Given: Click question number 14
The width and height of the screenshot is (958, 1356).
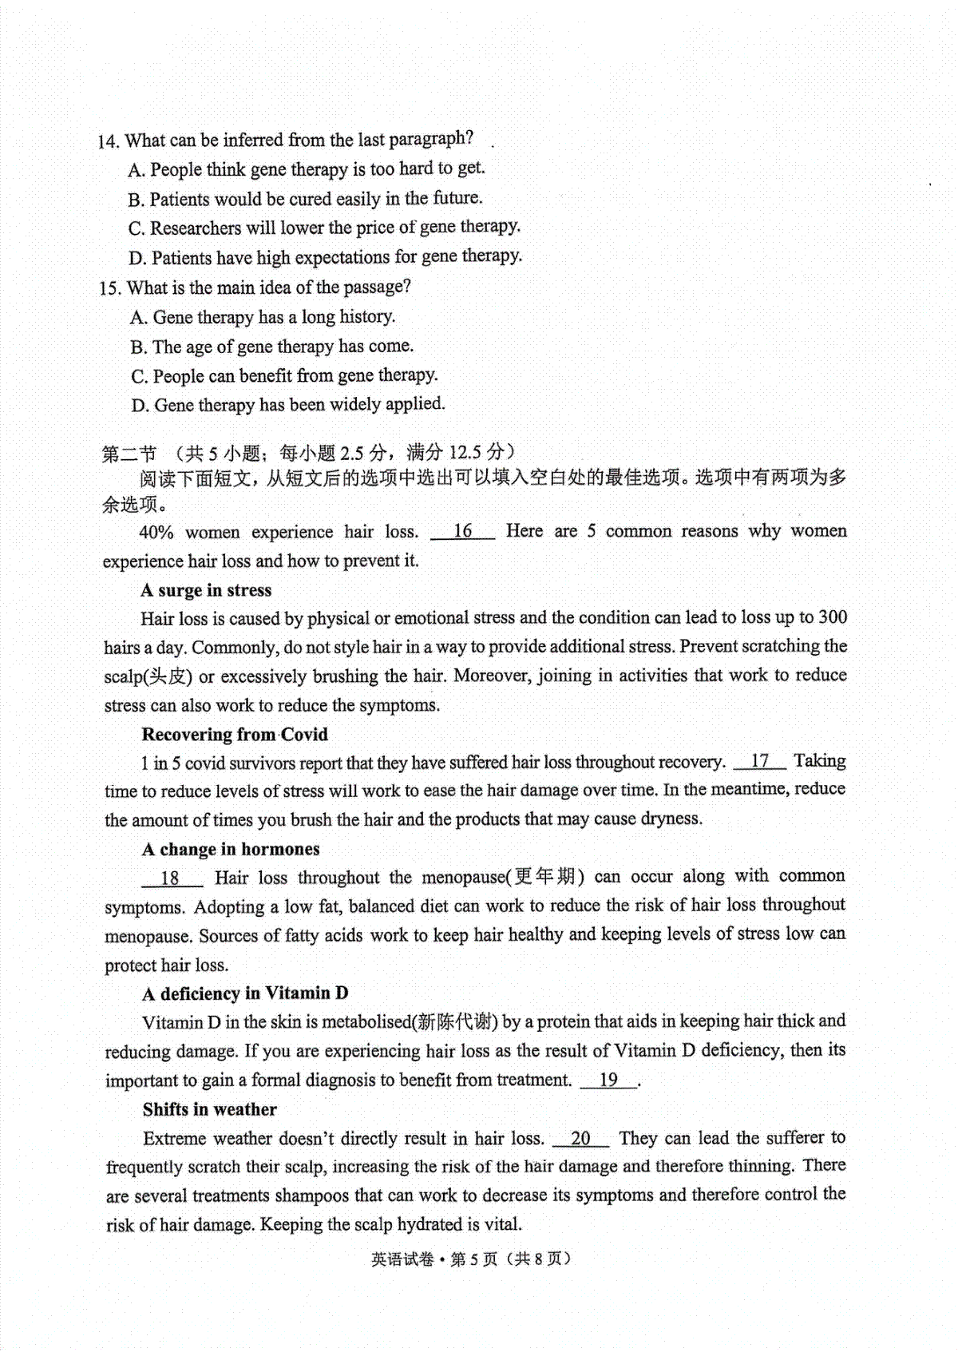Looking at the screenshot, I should (x=109, y=142).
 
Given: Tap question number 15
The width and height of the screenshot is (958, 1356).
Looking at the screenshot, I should (x=110, y=288).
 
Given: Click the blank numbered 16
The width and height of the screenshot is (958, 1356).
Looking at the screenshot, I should (x=462, y=532).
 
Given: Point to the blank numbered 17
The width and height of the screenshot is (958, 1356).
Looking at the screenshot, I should (x=759, y=762).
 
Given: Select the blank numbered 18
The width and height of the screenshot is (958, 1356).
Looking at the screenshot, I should (x=171, y=878).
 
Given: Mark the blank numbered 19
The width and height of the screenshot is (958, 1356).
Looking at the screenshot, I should (x=608, y=1080).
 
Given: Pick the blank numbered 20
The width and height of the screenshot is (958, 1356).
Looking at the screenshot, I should (x=580, y=1139).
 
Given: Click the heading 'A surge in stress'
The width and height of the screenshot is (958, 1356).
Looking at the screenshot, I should (x=206, y=590).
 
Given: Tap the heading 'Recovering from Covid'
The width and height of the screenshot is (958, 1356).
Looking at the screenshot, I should (x=235, y=734).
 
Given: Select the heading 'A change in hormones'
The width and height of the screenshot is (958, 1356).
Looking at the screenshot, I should (x=231, y=849).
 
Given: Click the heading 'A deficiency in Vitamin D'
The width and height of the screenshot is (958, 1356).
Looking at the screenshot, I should (x=245, y=993).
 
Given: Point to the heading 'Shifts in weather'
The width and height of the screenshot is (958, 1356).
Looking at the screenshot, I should (x=210, y=1109).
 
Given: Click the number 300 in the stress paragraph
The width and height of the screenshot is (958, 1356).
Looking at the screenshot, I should (x=833, y=617).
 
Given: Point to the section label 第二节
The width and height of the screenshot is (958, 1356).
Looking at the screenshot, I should (x=129, y=454).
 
